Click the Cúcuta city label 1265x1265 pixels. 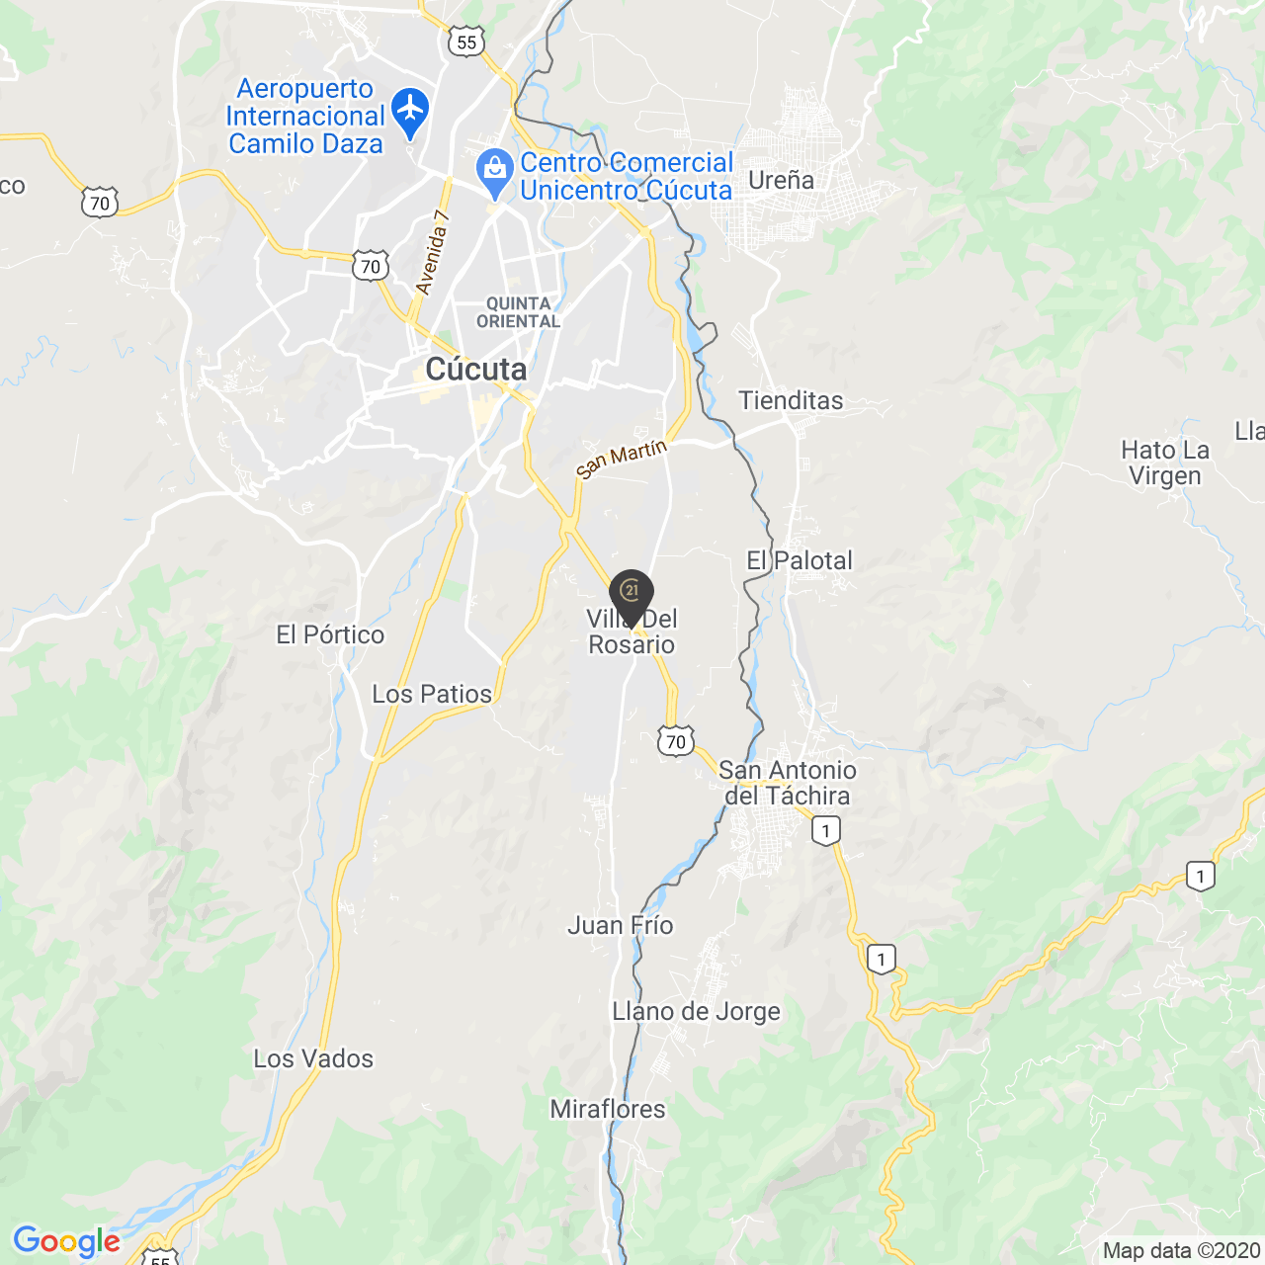(x=475, y=370)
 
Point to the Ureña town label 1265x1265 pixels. (x=781, y=180)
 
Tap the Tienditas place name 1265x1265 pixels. (x=791, y=400)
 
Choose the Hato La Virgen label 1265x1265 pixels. (x=1164, y=463)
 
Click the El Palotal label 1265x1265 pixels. (x=799, y=560)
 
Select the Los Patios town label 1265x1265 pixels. (x=431, y=694)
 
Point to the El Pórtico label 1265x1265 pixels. (x=330, y=634)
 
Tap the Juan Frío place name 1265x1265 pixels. (x=620, y=925)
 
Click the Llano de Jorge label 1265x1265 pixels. (x=696, y=1011)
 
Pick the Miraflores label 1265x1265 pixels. (x=608, y=1109)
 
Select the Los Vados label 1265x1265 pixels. (x=313, y=1058)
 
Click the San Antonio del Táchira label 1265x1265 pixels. (x=787, y=783)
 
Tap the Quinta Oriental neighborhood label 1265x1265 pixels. (x=518, y=312)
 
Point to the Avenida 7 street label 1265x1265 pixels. (x=432, y=253)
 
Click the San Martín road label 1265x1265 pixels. (x=622, y=459)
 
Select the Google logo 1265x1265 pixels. (x=66, y=1241)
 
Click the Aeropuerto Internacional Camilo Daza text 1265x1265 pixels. (x=304, y=117)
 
